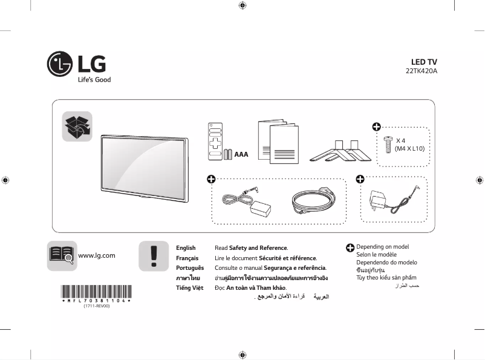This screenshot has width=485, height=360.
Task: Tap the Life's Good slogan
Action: click(x=94, y=80)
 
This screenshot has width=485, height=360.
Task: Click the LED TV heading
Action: click(x=423, y=62)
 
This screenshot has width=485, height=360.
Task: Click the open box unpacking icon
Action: click(x=77, y=127)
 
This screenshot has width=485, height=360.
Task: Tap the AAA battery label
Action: click(x=241, y=154)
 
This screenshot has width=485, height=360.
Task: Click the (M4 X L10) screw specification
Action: click(x=409, y=148)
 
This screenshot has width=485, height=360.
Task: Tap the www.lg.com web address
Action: click(x=97, y=255)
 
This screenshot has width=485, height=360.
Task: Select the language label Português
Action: click(x=189, y=267)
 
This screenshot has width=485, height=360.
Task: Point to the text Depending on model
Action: click(x=382, y=247)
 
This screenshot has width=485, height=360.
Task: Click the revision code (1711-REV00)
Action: click(x=96, y=306)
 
